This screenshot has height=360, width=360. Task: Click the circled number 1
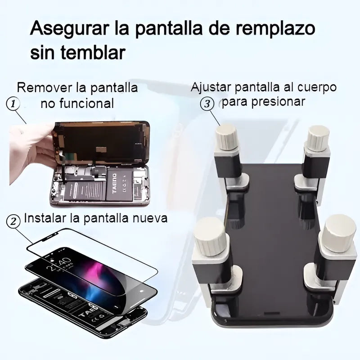coord(13,103)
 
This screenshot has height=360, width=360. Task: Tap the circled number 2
coord(13,221)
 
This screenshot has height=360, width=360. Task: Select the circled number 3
coord(207,104)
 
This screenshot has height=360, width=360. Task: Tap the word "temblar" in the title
coord(94,52)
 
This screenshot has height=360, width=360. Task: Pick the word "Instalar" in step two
coord(45,218)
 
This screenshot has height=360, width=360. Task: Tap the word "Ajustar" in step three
coord(211,87)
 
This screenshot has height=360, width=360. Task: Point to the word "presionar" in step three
coord(278,102)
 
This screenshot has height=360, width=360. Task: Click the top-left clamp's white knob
coord(227,137)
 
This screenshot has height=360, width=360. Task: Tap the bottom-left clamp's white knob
coord(211,236)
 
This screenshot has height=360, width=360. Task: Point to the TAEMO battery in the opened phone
coord(120,184)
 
